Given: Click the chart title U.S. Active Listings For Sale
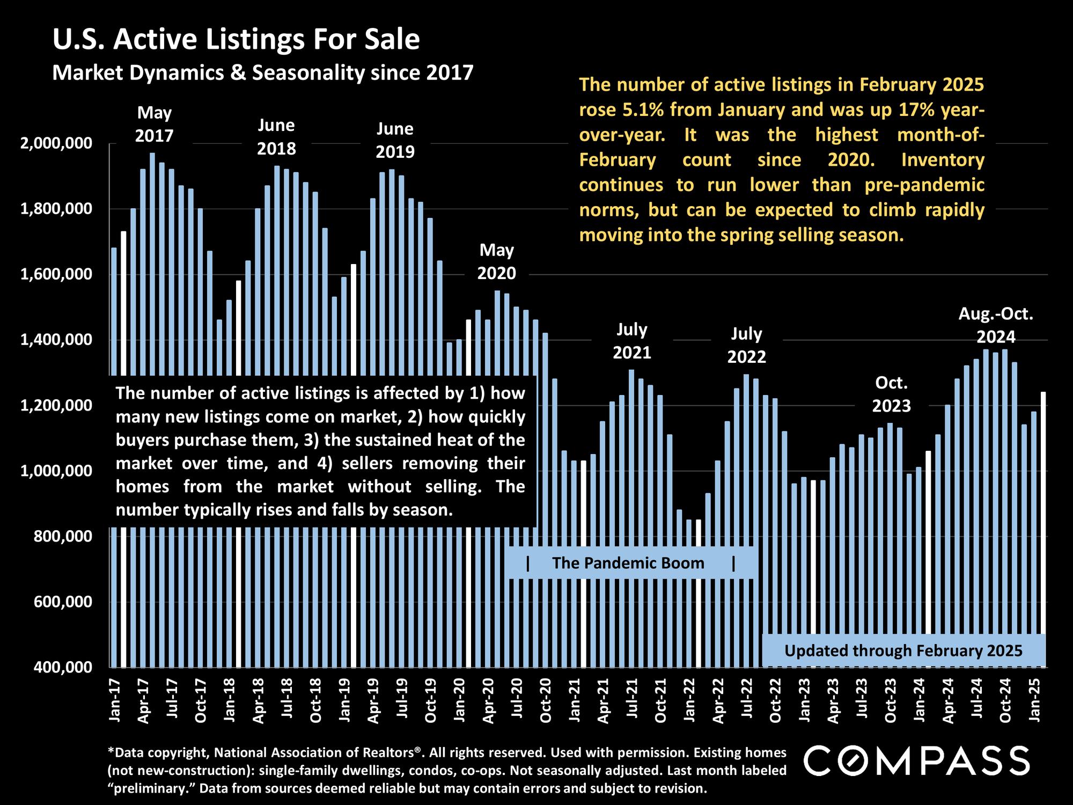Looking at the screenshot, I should tap(236, 40).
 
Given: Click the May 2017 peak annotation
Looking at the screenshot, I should tap(155, 124).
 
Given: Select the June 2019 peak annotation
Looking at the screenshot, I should tap(395, 140).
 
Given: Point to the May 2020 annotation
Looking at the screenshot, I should tap(496, 261).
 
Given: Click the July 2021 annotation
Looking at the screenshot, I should tap(632, 341).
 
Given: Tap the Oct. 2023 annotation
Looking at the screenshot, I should tap(891, 394).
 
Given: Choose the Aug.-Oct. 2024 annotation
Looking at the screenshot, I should tap(996, 325).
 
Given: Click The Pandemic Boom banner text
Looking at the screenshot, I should tap(628, 563).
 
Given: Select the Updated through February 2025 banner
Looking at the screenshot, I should tap(903, 651).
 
